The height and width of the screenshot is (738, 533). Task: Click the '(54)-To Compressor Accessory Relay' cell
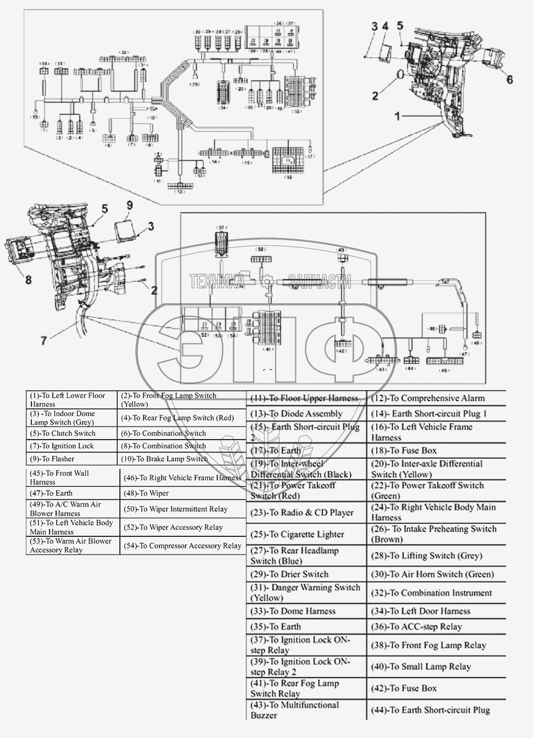pos(182,546)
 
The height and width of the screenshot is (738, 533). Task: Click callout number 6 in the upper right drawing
pos(510,80)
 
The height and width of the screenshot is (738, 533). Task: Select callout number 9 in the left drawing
pos(129,206)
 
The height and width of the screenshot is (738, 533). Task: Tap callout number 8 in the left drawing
pos(28,280)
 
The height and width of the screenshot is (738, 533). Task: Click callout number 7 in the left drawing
pos(43,341)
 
